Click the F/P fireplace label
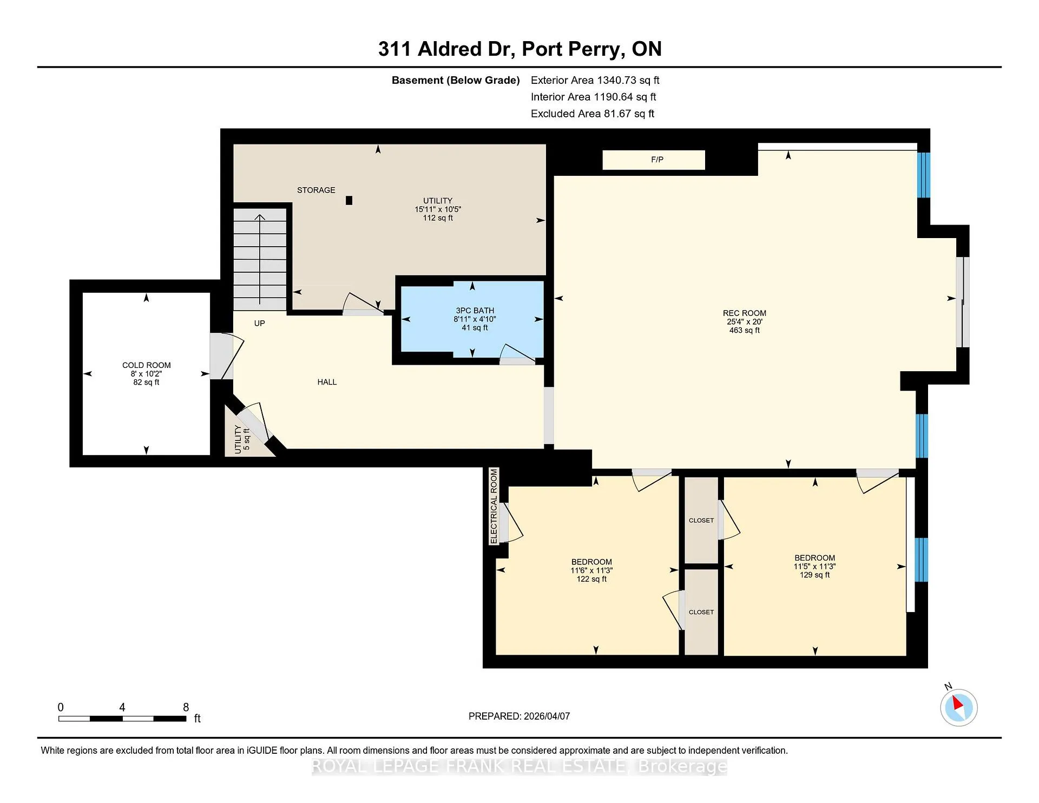pyautogui.click(x=657, y=160)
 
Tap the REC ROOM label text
pyautogui.click(x=744, y=313)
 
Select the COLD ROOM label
pyautogui.click(x=146, y=365)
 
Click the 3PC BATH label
pyautogui.click(x=475, y=311)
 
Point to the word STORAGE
pyautogui.click(x=316, y=190)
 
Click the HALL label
pyautogui.click(x=327, y=382)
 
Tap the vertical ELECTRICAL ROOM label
pyautogui.click(x=494, y=506)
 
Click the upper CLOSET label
pyautogui.click(x=701, y=521)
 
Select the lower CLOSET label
pyautogui.click(x=701, y=613)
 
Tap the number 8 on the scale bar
pyautogui.click(x=186, y=707)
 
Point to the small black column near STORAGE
pyautogui.click(x=349, y=200)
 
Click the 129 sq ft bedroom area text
pyautogui.click(x=814, y=575)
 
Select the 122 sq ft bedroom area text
pyautogui.click(x=591, y=579)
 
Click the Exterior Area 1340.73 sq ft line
pyautogui.click(x=595, y=80)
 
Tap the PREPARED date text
pyautogui.click(x=519, y=716)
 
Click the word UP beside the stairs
pyautogui.click(x=260, y=324)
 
